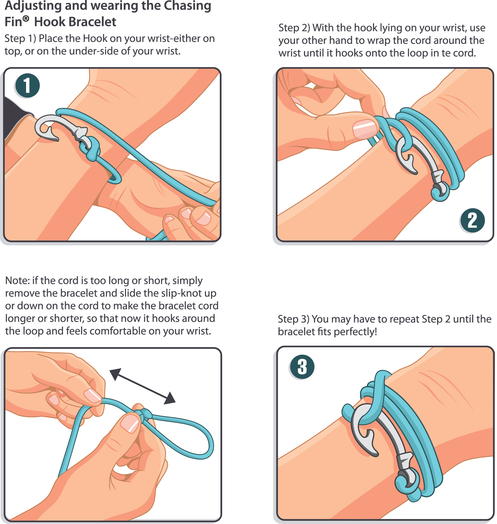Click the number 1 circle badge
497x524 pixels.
pyautogui.click(x=27, y=86)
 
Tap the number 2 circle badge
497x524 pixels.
pyautogui.click(x=472, y=220)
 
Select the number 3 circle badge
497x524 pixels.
pyautogui.click(x=302, y=367)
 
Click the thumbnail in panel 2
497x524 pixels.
pyautogui.click(x=365, y=129)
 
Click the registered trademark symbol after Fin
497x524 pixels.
pyautogui.click(x=26, y=19)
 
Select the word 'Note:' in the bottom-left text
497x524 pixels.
pyautogui.click(x=18, y=280)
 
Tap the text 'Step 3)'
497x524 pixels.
pyautogui.click(x=293, y=319)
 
